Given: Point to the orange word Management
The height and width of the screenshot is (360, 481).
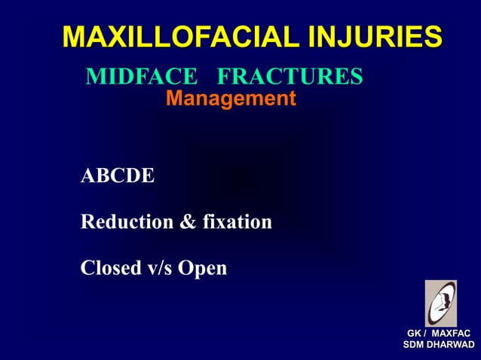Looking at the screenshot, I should (x=230, y=99).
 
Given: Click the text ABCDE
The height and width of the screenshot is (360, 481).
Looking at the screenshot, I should (x=118, y=177).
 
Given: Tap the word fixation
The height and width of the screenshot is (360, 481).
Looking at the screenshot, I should (x=237, y=223).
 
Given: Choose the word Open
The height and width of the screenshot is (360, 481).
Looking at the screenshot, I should (x=202, y=268).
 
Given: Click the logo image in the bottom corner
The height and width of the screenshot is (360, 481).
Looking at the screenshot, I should (x=440, y=304).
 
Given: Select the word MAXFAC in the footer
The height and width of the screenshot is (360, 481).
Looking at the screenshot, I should (x=452, y=334).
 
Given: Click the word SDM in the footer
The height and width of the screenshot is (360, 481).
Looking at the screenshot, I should (x=415, y=346).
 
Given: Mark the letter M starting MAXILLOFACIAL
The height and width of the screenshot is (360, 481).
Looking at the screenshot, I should (x=74, y=36).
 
